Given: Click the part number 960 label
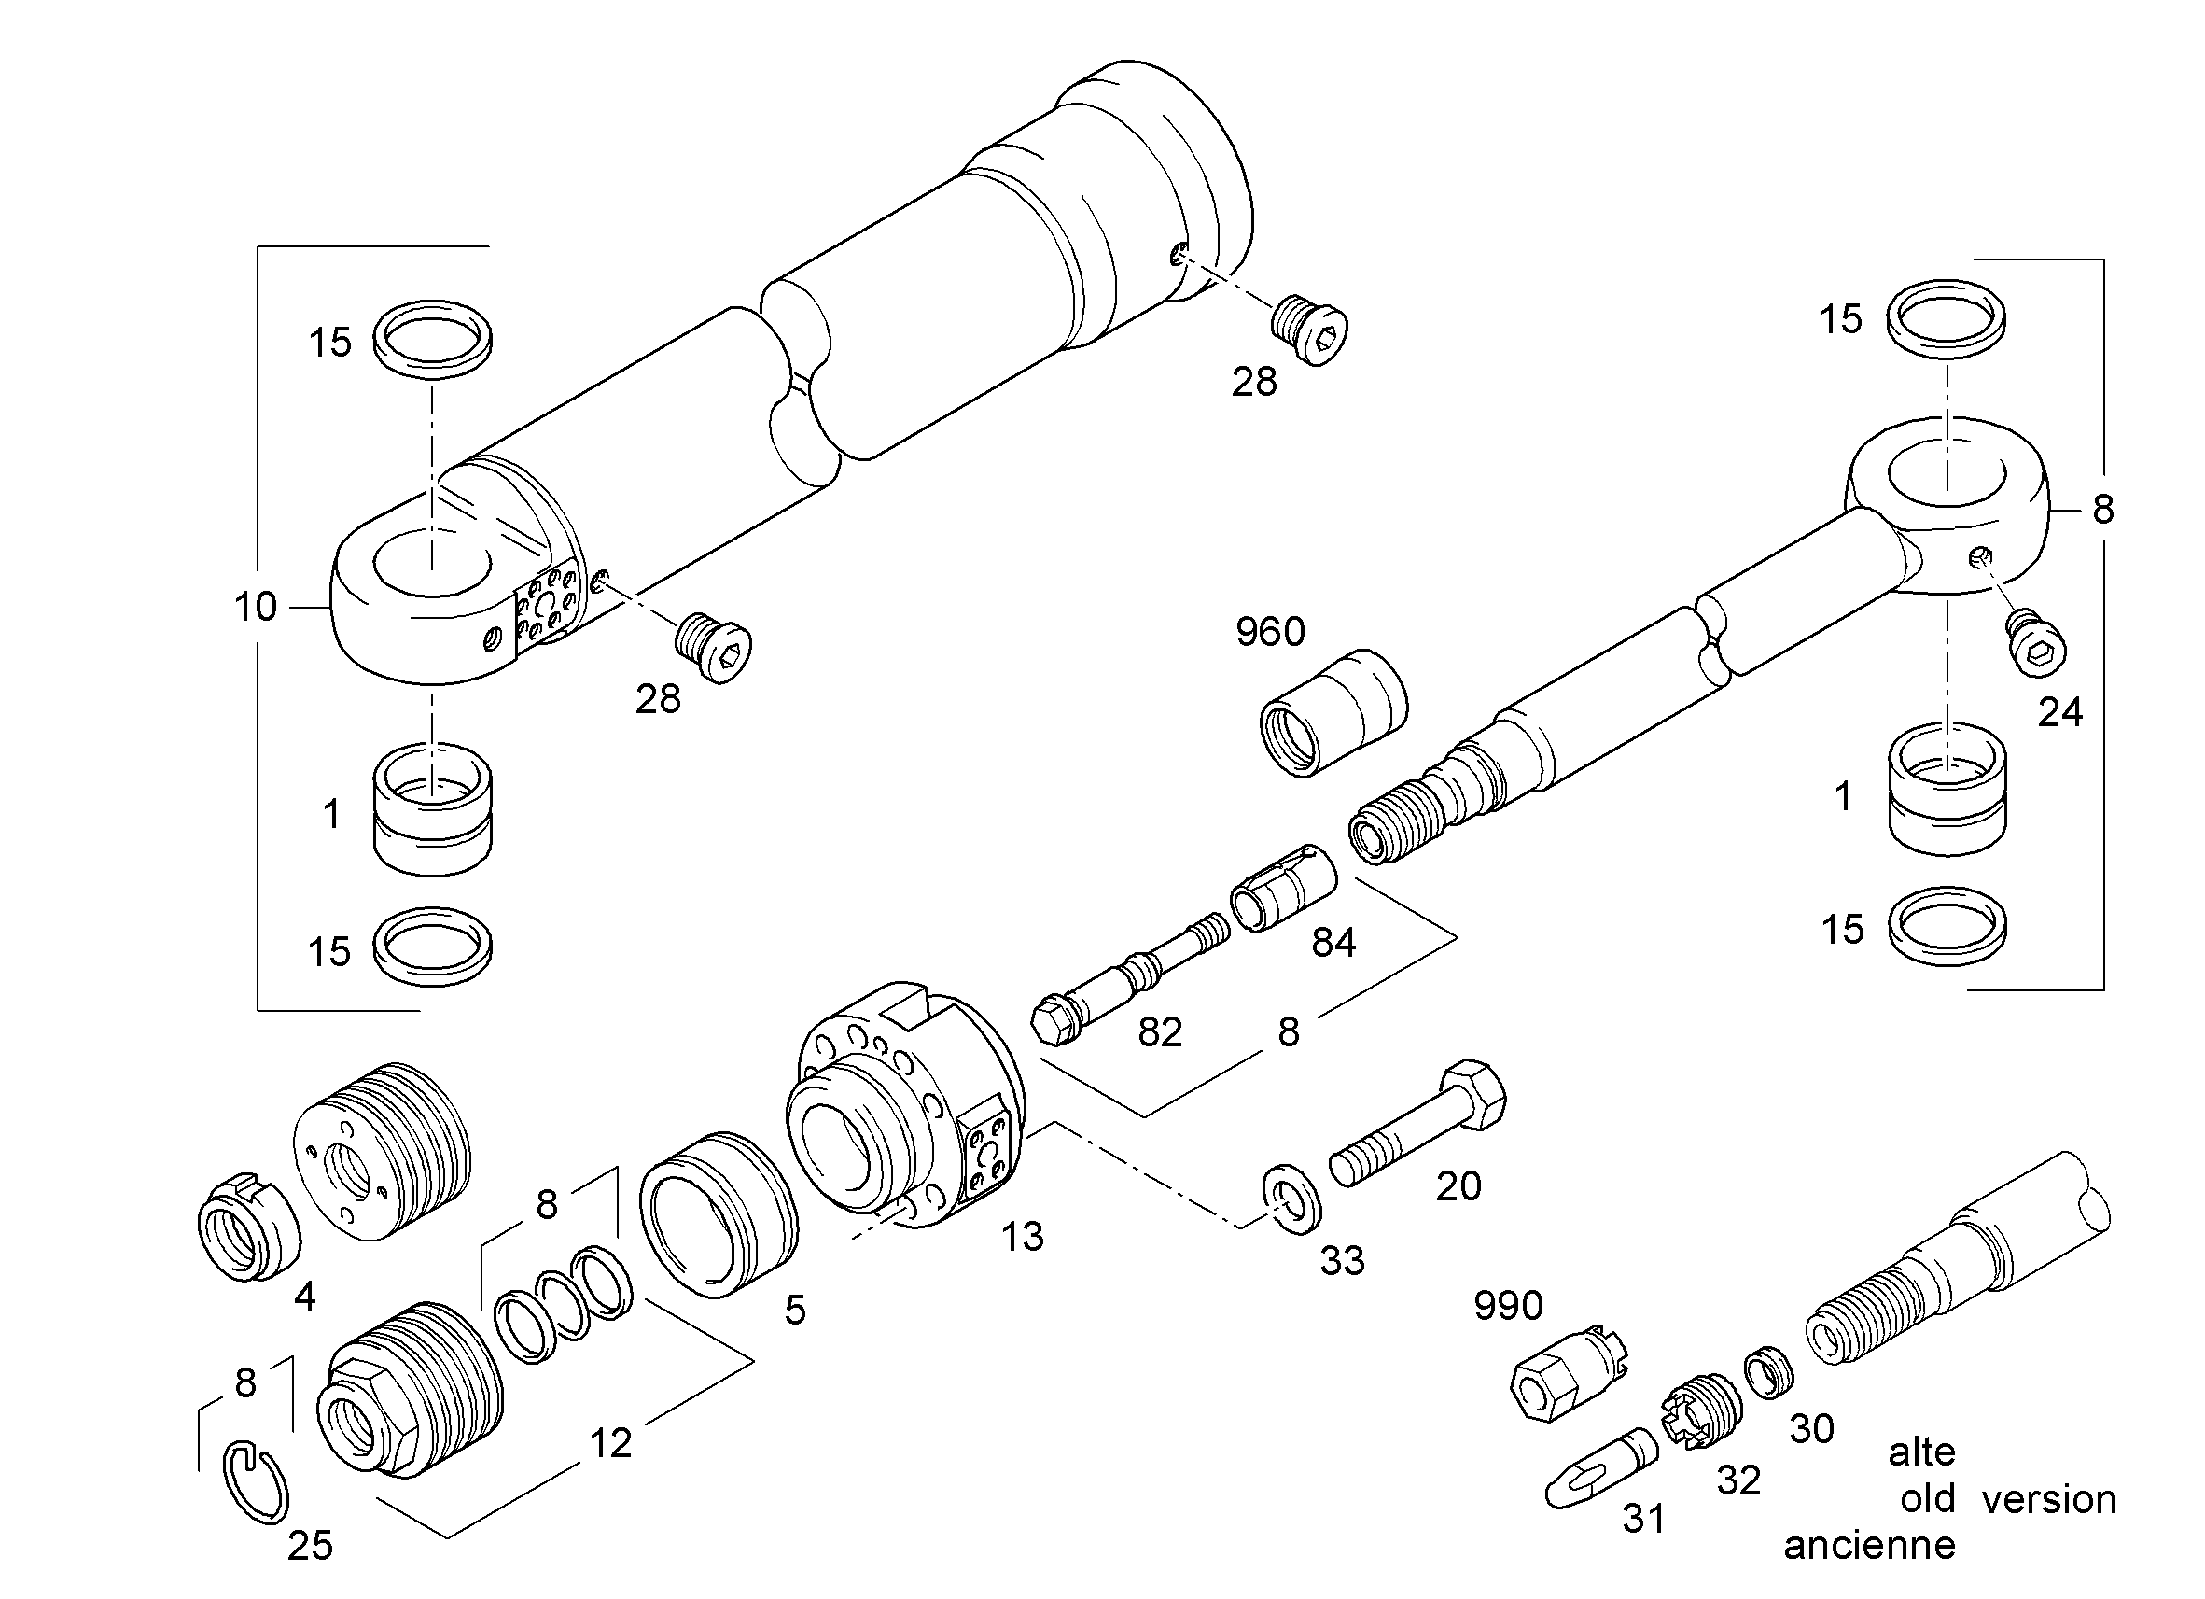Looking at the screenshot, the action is point(1270,632).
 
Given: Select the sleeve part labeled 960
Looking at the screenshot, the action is point(1333,713).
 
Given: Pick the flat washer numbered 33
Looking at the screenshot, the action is point(1291,1202).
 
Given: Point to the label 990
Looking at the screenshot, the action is point(1508,1306).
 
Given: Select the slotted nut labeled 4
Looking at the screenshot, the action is point(248,1228).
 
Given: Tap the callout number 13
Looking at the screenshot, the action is point(1022,1237).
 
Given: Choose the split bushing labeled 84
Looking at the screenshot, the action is point(1283,889).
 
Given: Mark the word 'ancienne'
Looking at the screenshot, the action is point(1869,1545).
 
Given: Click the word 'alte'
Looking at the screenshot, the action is point(1921,1452).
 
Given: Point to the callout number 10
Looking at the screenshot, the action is point(255,607).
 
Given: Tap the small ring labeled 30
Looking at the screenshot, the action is point(1768,1373).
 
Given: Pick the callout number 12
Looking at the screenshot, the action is point(610,1442).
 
